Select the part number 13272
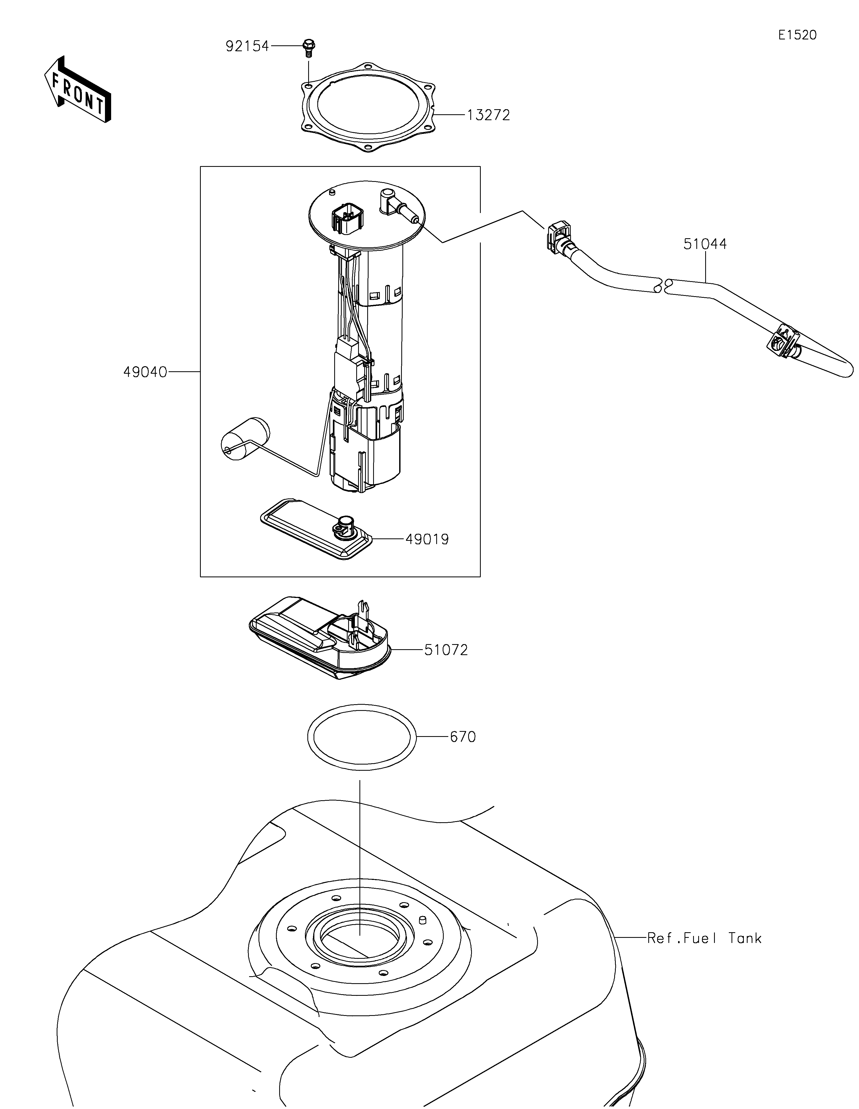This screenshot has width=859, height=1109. pyautogui.click(x=488, y=115)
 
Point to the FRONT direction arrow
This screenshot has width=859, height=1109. pyautogui.click(x=78, y=89)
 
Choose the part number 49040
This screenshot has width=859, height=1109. pyautogui.click(x=145, y=372)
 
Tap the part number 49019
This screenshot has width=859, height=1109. pyautogui.click(x=427, y=539)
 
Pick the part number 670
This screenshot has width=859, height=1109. pyautogui.click(x=463, y=737)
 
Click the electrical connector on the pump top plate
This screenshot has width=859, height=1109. pyautogui.click(x=347, y=219)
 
